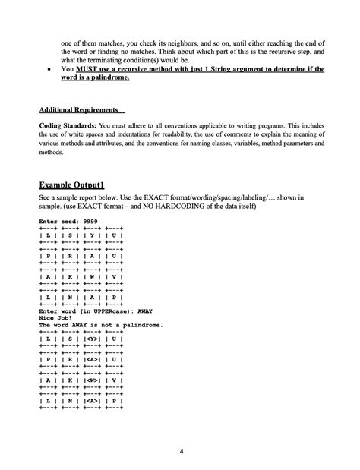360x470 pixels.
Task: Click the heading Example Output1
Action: [x=78, y=184]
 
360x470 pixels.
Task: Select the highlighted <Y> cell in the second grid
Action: [x=95, y=339]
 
